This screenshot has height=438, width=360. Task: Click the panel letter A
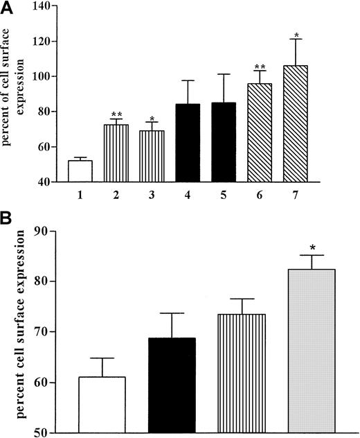click(8, 8)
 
